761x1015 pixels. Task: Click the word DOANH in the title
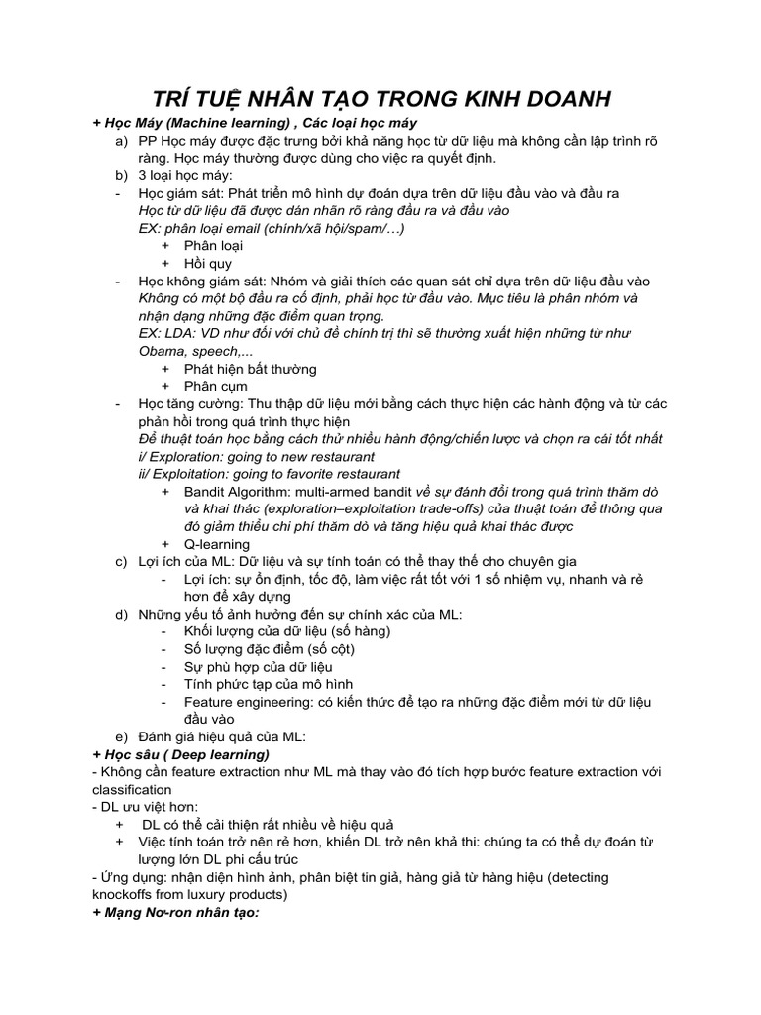pyautogui.click(x=560, y=99)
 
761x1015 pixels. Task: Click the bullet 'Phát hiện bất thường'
pyautogui.click(x=250, y=369)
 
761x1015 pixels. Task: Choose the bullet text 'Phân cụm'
pyautogui.click(x=215, y=387)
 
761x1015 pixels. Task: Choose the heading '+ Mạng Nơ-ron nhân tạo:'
pyautogui.click(x=174, y=913)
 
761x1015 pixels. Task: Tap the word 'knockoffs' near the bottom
pyautogui.click(x=123, y=895)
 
